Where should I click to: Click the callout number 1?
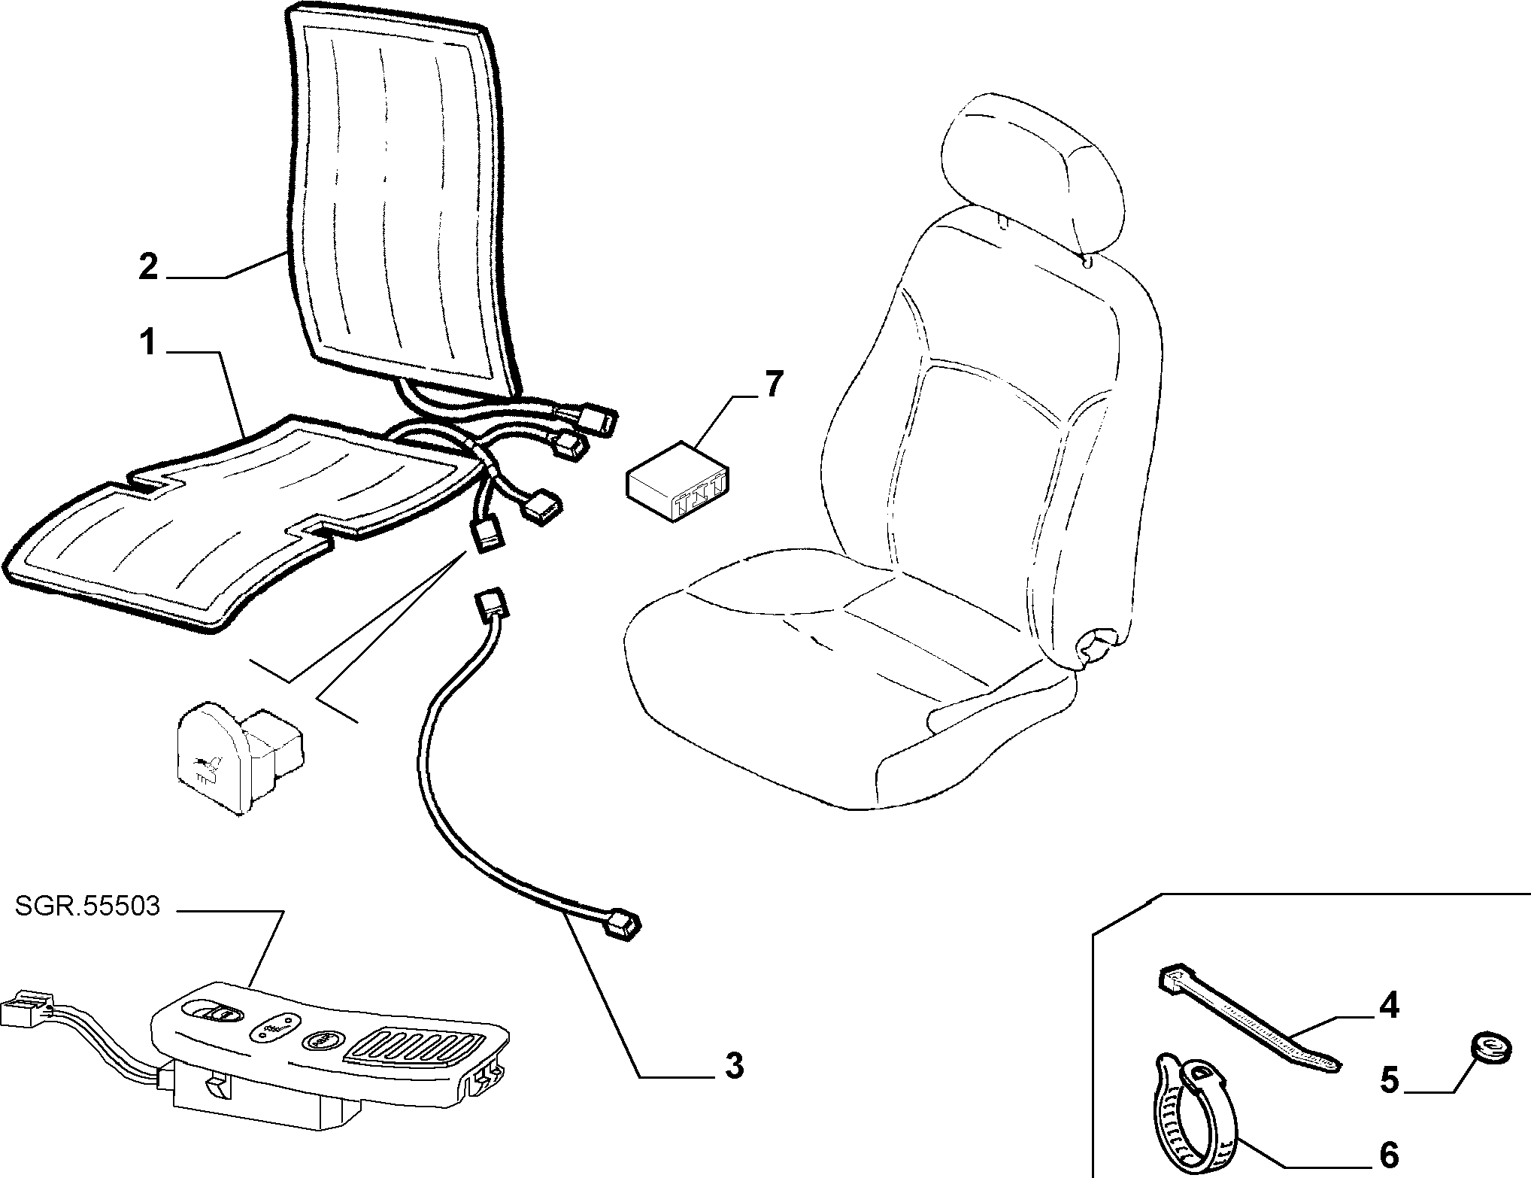(149, 343)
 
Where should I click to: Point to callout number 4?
(1389, 1005)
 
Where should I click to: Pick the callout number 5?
(1390, 1080)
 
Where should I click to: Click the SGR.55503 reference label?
(87, 906)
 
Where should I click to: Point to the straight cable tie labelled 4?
(1250, 1019)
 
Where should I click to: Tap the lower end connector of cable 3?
(623, 924)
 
